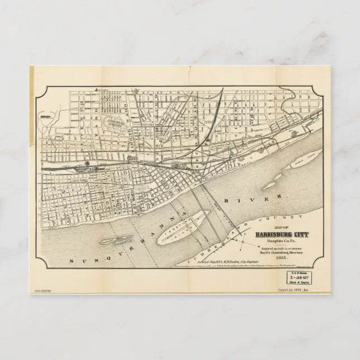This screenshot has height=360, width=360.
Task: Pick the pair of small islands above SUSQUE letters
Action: click(115, 241)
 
